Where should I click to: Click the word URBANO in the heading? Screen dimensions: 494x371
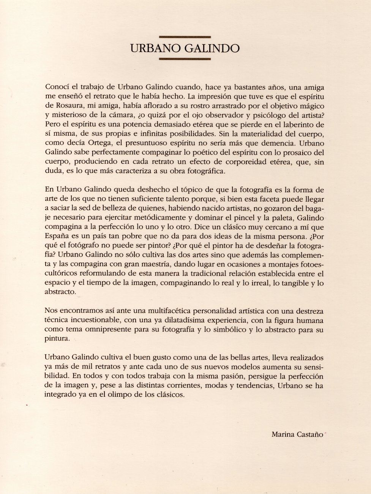(x=152, y=49)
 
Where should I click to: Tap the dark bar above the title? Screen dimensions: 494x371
(x=185, y=37)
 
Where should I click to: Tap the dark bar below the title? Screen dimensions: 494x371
(x=185, y=59)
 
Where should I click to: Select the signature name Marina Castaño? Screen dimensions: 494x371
(x=298, y=434)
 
